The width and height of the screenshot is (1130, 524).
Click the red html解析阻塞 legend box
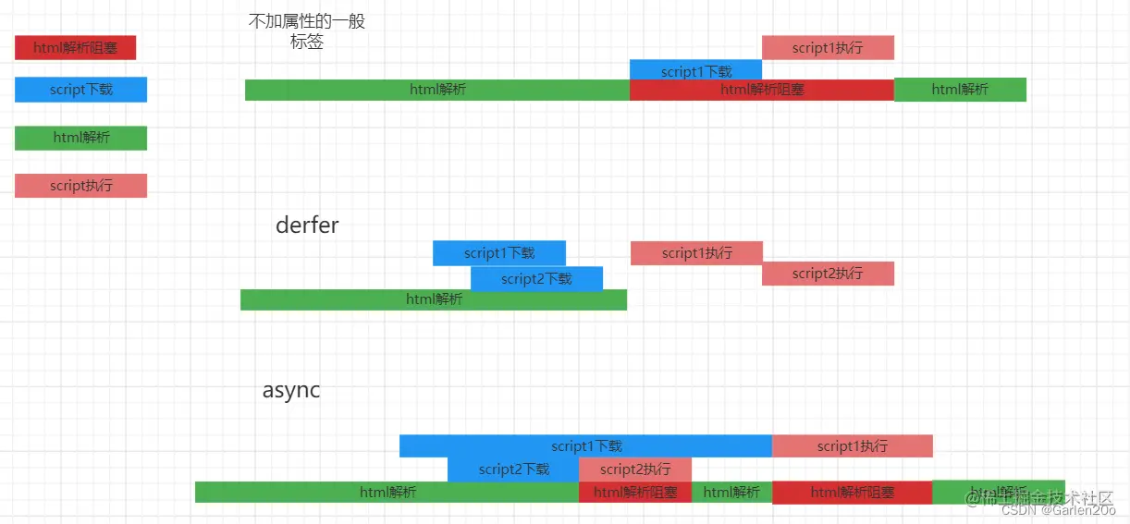point(75,47)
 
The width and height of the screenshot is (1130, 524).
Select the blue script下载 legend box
point(80,90)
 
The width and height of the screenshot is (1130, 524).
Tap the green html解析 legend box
point(80,138)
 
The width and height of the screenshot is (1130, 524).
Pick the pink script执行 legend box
point(80,186)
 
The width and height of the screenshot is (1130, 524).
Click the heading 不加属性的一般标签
point(307,31)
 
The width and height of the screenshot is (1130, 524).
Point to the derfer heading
point(307,225)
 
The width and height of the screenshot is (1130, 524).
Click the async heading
point(291,390)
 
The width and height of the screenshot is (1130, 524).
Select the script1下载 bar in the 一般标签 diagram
point(695,70)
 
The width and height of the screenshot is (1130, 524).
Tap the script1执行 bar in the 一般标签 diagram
point(828,47)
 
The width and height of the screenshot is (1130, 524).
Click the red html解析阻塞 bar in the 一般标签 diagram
point(762,90)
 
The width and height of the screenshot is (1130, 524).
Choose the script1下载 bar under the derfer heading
point(499,253)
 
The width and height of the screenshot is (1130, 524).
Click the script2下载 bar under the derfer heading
point(536,278)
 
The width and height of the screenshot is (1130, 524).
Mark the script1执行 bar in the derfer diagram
point(696,253)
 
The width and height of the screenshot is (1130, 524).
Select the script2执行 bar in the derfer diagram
point(828,274)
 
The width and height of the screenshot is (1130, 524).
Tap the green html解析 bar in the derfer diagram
point(434,299)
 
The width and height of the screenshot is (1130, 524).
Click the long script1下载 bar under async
point(585,446)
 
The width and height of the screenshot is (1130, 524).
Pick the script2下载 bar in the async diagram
point(513,469)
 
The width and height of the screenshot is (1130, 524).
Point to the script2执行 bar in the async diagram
point(635,469)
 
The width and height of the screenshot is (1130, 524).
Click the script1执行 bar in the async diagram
point(852,446)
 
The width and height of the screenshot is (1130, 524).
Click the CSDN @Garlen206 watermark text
point(1058,510)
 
